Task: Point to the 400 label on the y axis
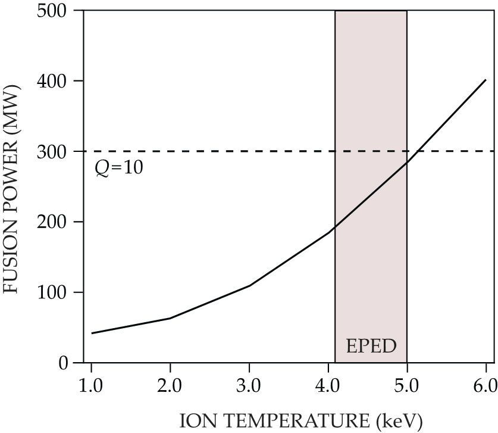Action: click(52, 81)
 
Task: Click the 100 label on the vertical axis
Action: click(52, 292)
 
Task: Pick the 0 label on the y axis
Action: click(63, 363)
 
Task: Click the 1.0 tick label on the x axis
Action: click(91, 385)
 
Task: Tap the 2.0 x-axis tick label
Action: click(170, 385)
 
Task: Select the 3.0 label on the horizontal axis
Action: click(249, 385)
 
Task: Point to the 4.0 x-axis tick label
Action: click(328, 385)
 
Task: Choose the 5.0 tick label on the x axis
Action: click(407, 385)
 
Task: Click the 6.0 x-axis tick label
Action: click(486, 385)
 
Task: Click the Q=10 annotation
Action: click(119, 168)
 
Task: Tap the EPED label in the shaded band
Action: click(371, 346)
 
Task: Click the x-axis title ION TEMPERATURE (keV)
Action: click(301, 421)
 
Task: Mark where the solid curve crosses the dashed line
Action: click(419, 151)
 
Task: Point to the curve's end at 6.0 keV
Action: click(486, 80)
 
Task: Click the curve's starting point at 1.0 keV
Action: click(92, 333)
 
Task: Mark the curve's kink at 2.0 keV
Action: click(170, 318)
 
